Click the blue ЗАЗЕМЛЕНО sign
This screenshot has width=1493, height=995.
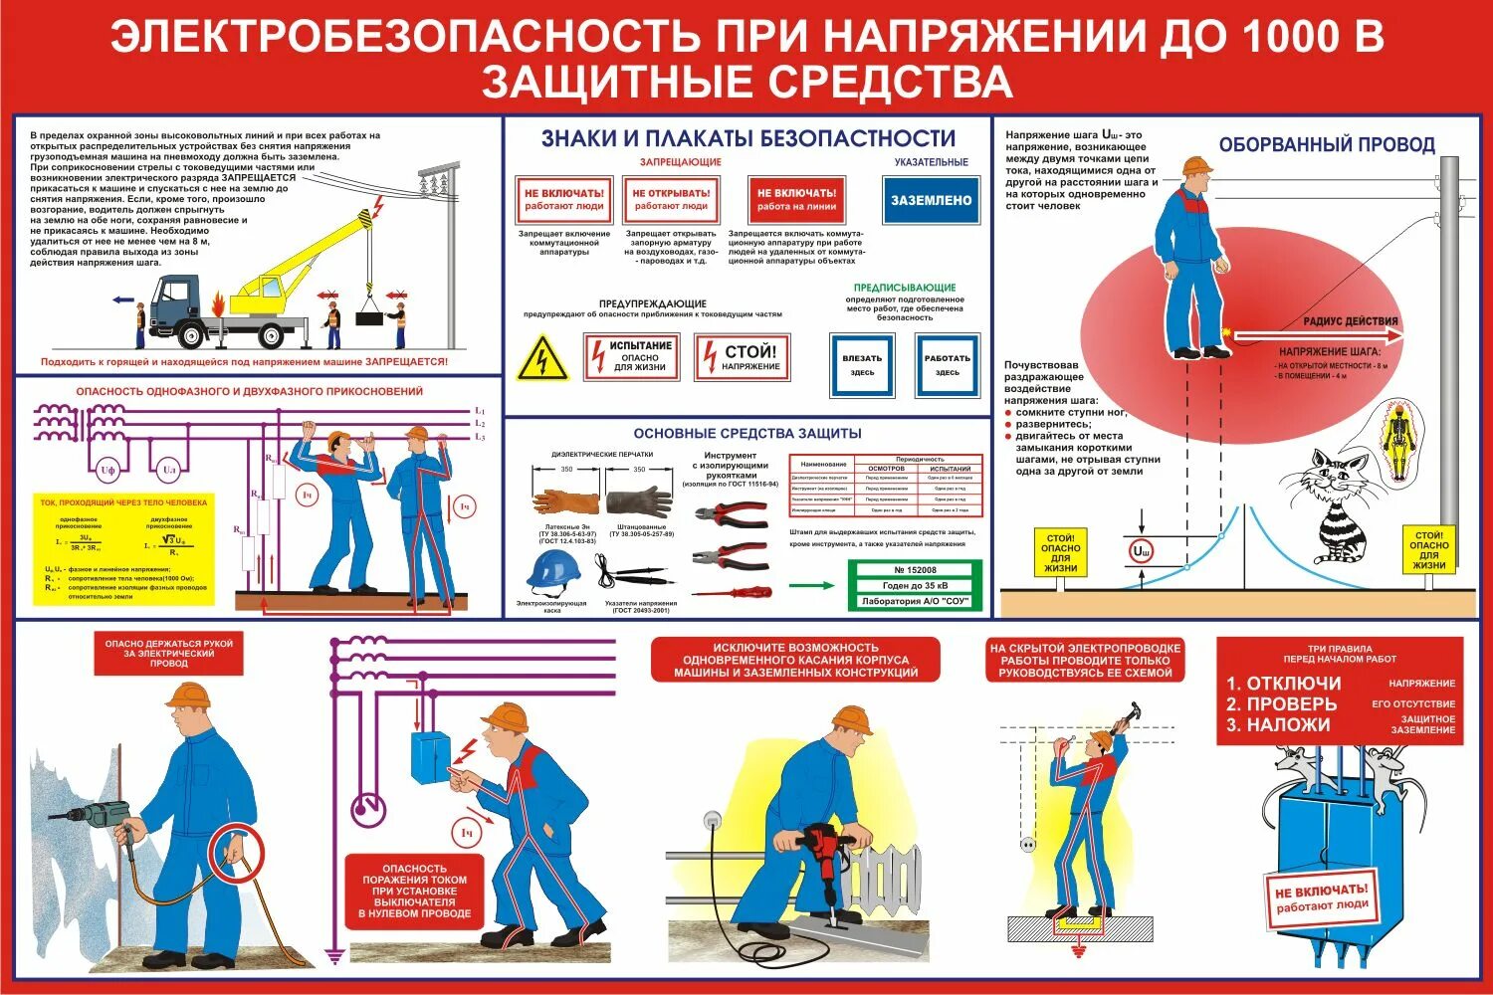click(931, 200)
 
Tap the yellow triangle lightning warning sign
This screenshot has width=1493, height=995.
click(542, 358)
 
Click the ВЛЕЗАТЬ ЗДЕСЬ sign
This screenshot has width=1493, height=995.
click(862, 365)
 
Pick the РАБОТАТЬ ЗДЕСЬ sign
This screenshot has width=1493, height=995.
click(947, 365)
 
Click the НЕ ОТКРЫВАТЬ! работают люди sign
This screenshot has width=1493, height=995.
click(671, 199)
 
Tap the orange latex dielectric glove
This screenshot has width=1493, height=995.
click(563, 502)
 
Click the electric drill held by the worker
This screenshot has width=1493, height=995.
click(98, 816)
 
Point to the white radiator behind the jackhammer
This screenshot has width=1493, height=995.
click(886, 878)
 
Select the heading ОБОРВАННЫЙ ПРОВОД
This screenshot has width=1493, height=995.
click(1327, 145)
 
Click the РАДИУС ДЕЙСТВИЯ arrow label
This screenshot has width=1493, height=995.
click(1351, 321)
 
